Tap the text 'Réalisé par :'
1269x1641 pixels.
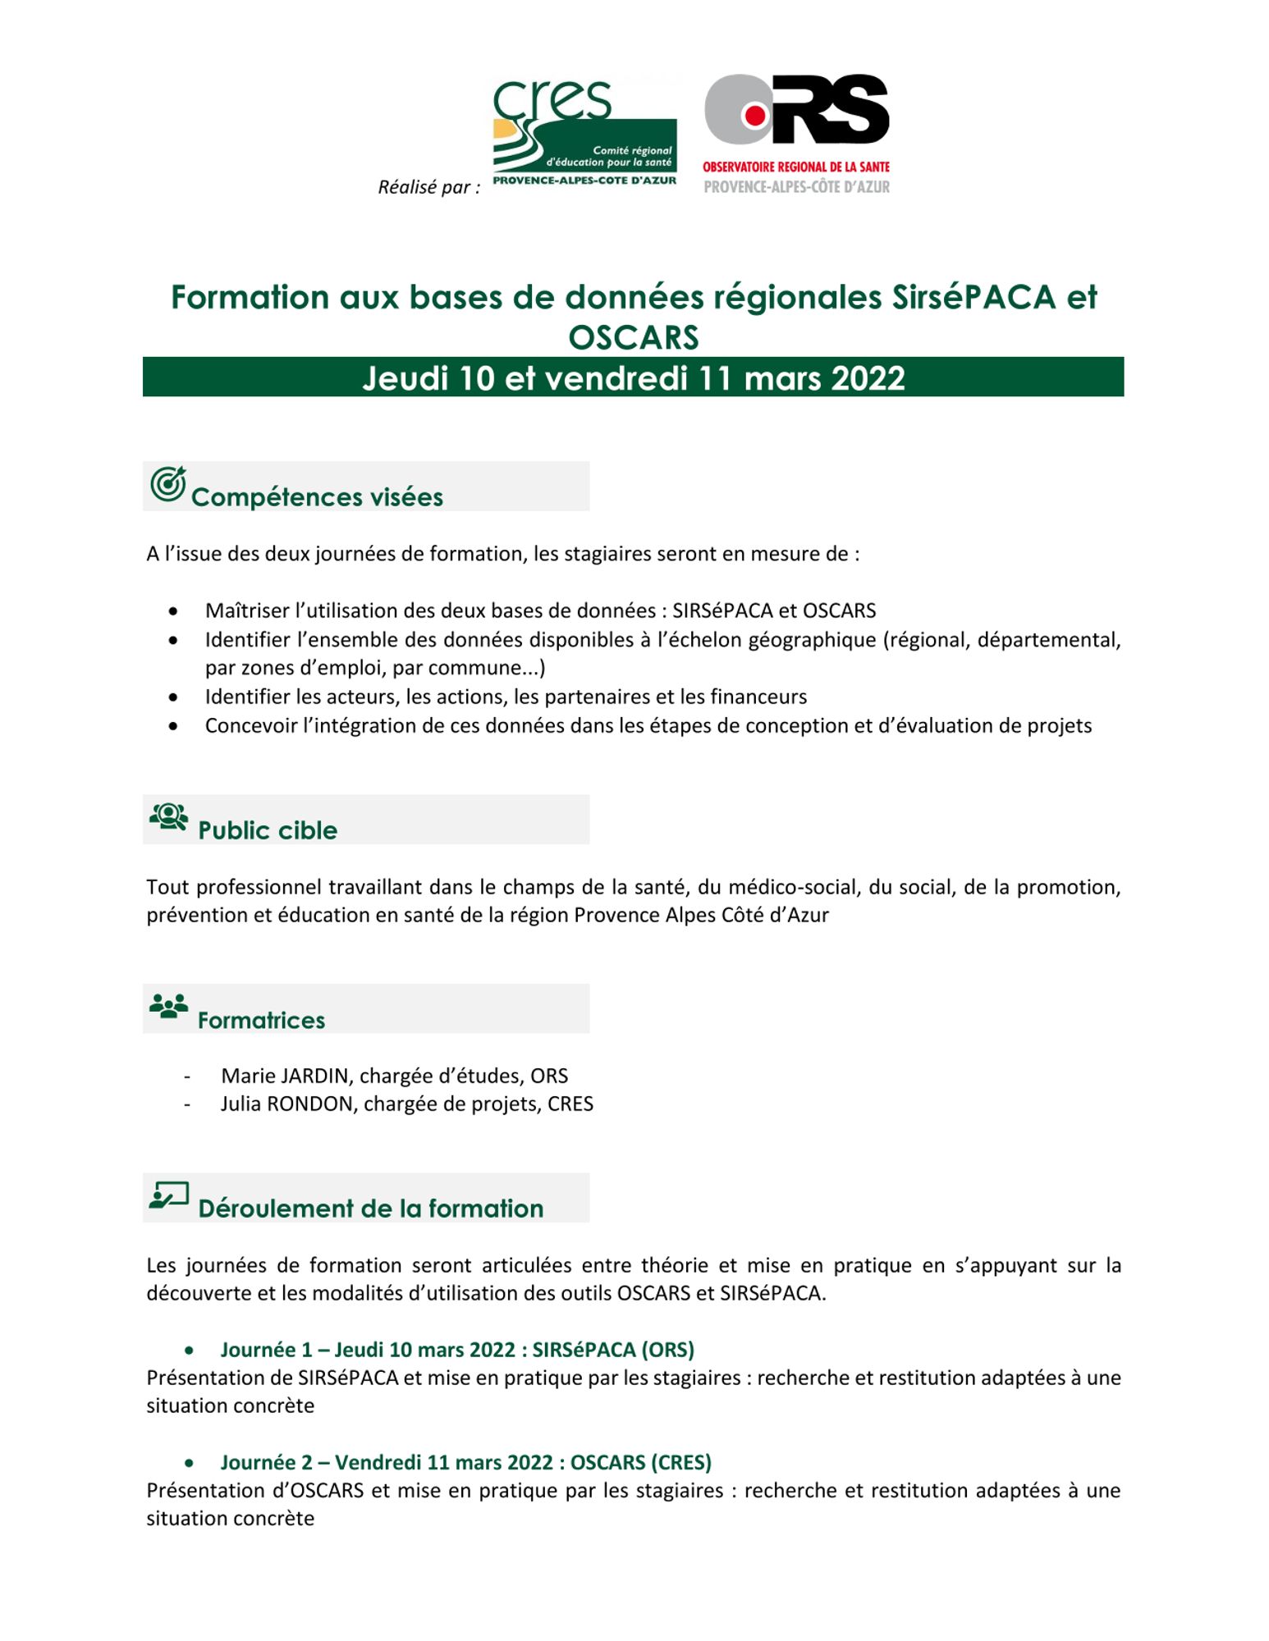pyautogui.click(x=428, y=187)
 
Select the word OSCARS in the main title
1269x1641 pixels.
pyautogui.click(x=633, y=337)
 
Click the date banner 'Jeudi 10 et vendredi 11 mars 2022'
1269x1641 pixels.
pyautogui.click(x=633, y=377)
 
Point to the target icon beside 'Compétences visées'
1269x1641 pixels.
pyautogui.click(x=167, y=484)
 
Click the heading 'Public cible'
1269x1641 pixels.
pyautogui.click(x=268, y=830)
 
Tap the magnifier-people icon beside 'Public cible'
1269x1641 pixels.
pyautogui.click(x=168, y=817)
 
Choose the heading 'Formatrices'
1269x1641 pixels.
pyautogui.click(x=261, y=1020)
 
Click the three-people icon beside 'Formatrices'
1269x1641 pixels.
pyautogui.click(x=168, y=1006)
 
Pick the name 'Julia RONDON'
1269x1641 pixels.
pyautogui.click(x=287, y=1104)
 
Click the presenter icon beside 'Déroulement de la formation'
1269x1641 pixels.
pyautogui.click(x=168, y=1195)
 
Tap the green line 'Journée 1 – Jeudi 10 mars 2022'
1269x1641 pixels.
pyautogui.click(x=457, y=1350)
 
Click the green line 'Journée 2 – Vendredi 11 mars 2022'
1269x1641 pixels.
pyautogui.click(x=465, y=1462)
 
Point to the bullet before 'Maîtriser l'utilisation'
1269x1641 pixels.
pyautogui.click(x=172, y=611)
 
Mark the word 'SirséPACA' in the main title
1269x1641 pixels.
pyautogui.click(x=974, y=297)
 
